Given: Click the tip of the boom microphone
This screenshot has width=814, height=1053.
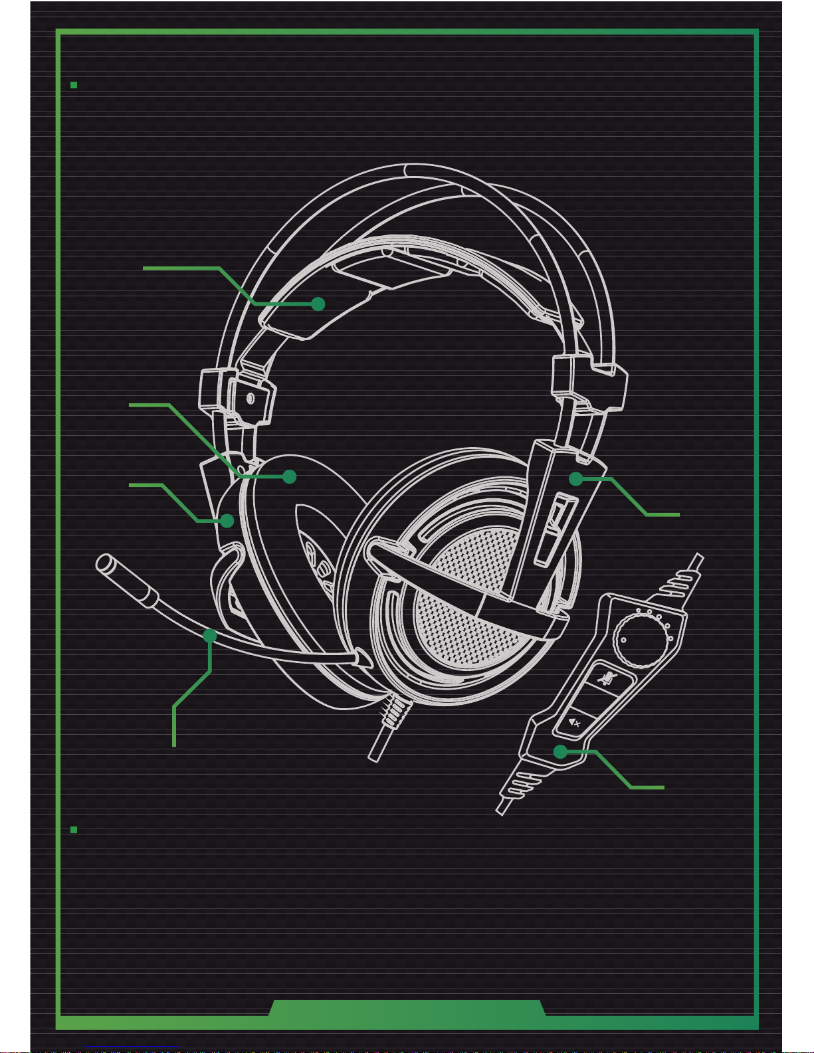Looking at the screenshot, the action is [x=105, y=564].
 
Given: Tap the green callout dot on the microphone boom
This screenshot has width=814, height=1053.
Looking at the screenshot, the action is [x=210, y=636].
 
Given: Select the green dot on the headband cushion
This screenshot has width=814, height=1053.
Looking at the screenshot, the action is [x=318, y=304].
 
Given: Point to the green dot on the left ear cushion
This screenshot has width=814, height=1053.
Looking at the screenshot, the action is [x=289, y=476].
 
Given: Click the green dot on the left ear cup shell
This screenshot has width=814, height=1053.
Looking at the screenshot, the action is [x=227, y=521].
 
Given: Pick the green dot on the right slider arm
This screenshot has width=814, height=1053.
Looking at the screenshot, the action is [x=575, y=478].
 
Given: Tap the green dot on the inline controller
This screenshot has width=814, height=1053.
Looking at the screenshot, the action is [x=561, y=752].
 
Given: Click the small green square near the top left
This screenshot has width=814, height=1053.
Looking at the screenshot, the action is [x=74, y=85].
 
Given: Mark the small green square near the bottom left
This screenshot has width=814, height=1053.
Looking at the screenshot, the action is [x=74, y=830].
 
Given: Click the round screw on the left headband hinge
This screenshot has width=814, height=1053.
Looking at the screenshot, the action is [x=250, y=399].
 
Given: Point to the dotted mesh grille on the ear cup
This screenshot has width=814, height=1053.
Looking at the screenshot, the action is [x=465, y=598].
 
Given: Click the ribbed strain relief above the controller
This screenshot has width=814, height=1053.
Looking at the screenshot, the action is [x=678, y=580].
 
